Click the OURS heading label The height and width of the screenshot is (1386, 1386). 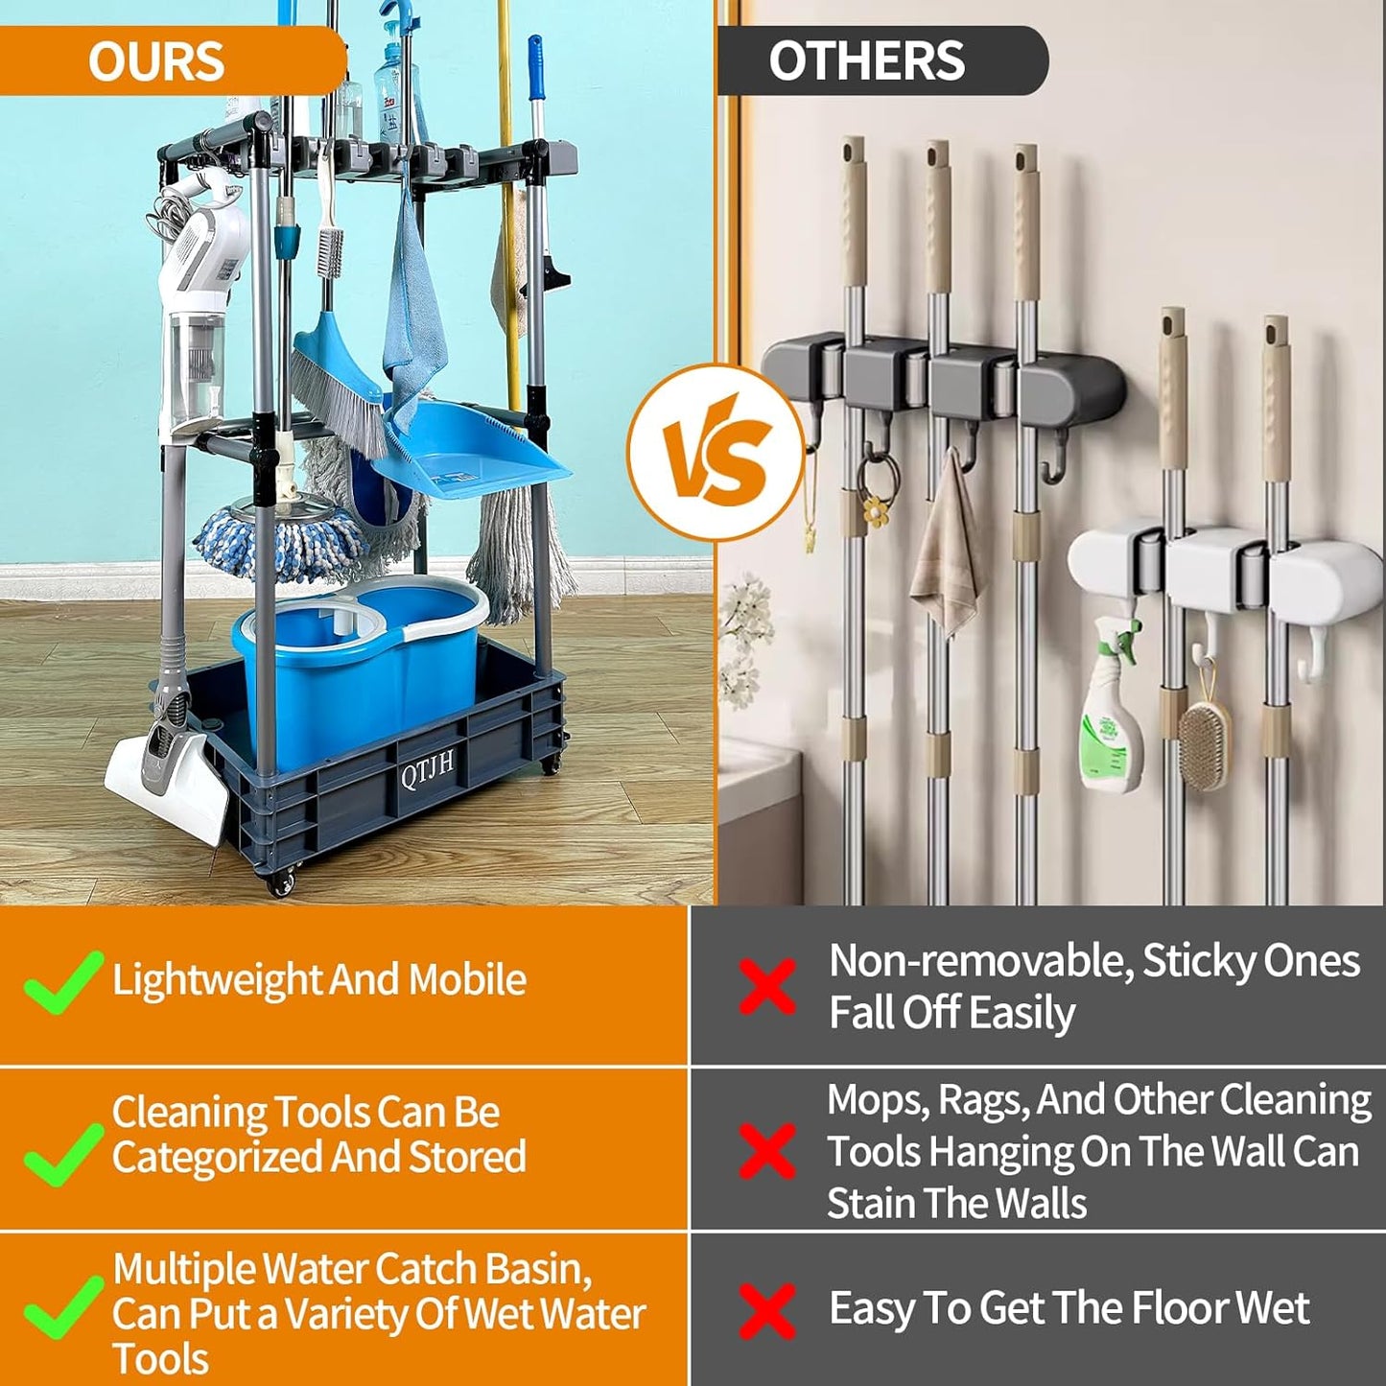(x=156, y=61)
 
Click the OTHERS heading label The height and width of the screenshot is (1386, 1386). (x=866, y=60)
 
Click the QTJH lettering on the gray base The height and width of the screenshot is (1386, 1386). (x=427, y=769)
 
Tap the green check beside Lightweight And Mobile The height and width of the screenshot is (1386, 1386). (x=62, y=981)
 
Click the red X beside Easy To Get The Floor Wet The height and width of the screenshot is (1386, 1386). (x=767, y=1310)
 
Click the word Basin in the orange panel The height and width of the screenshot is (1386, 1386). (x=538, y=1268)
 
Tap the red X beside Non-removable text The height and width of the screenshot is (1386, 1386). (x=767, y=985)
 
